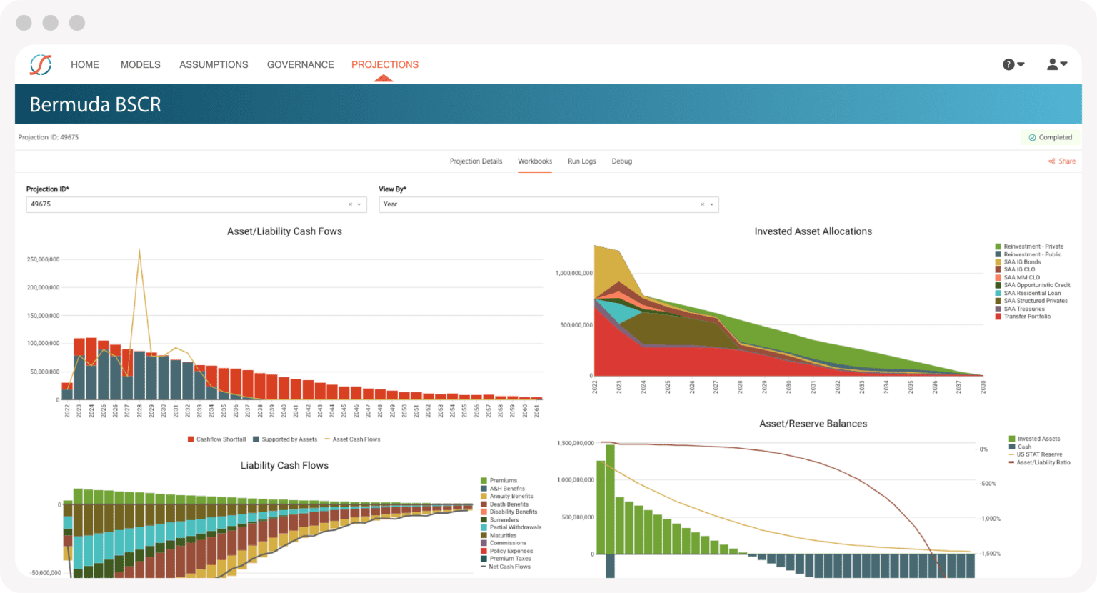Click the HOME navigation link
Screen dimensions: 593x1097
pyautogui.click(x=84, y=64)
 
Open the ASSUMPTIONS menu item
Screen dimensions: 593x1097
pyautogui.click(x=214, y=64)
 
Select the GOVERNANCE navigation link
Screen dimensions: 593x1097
pyautogui.click(x=300, y=64)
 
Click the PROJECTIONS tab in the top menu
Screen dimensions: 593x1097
pyautogui.click(x=384, y=64)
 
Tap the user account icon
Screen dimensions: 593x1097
pyautogui.click(x=1056, y=64)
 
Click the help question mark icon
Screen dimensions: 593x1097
pyautogui.click(x=1012, y=64)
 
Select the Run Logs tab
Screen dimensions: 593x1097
pyautogui.click(x=581, y=161)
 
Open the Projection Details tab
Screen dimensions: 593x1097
pyautogui.click(x=476, y=161)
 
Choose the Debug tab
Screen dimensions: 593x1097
pyautogui.click(x=621, y=161)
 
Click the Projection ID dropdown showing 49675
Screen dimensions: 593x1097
pyautogui.click(x=196, y=204)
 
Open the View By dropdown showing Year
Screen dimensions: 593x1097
pyautogui.click(x=548, y=204)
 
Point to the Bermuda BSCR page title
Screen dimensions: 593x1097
pyautogui.click(x=95, y=104)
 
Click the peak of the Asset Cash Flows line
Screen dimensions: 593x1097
pyautogui.click(x=139, y=250)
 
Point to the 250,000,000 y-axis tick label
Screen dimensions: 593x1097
pyautogui.click(x=43, y=259)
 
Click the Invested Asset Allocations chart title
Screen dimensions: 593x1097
pyautogui.click(x=813, y=231)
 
